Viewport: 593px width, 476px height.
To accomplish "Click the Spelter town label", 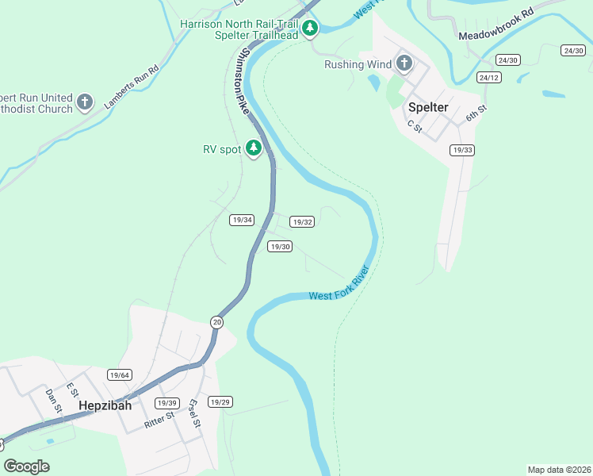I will [428, 107].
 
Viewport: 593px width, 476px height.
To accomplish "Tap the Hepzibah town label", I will [105, 405].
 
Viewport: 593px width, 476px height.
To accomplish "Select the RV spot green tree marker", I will [254, 148].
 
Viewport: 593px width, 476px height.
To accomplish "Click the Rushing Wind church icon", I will [404, 63].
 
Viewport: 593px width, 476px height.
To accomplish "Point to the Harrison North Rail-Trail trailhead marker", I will [310, 29].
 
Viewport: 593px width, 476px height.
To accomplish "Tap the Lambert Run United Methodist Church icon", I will [86, 102].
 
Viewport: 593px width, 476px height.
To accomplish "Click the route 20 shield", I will [217, 321].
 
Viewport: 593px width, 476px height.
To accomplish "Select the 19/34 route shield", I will [242, 220].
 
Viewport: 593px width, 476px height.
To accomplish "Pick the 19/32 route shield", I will [302, 222].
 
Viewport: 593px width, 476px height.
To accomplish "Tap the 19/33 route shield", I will [461, 150].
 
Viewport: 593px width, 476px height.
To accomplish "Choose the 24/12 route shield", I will [488, 77].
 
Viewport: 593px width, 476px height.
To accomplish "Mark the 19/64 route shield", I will [120, 374].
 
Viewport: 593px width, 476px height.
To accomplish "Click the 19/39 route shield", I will [167, 403].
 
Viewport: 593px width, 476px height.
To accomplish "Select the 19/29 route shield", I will [220, 402].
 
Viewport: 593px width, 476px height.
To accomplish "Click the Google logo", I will [26, 466].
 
